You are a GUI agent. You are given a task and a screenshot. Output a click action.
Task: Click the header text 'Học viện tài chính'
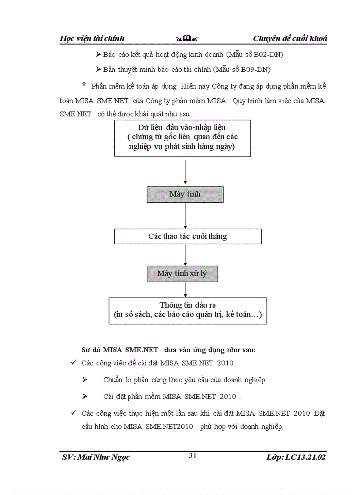point(92,38)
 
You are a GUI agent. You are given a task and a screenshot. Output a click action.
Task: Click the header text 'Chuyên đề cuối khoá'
point(290,38)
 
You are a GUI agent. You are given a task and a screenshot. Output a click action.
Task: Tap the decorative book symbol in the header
point(186,39)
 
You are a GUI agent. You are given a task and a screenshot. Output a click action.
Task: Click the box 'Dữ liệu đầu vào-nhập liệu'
point(182,138)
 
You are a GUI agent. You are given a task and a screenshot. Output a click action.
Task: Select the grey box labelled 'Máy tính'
point(185,194)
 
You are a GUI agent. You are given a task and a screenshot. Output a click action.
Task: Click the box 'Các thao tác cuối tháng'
point(187,236)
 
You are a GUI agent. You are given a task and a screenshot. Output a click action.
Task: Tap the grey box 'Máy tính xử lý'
point(182,274)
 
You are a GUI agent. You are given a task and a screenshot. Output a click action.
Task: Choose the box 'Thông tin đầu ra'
point(187,310)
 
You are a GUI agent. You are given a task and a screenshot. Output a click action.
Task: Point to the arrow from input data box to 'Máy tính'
point(185,172)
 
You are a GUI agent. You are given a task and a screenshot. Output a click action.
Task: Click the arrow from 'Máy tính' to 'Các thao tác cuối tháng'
point(185,216)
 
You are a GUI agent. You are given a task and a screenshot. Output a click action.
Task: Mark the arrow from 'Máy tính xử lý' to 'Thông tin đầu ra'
point(185,290)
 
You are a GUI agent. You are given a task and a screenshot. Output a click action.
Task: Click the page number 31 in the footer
point(192,456)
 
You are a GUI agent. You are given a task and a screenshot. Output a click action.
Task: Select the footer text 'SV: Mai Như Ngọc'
point(96,457)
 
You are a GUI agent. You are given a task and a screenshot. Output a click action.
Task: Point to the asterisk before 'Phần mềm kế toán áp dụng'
point(84,85)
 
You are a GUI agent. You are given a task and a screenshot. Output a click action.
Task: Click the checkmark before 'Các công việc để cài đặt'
point(74,363)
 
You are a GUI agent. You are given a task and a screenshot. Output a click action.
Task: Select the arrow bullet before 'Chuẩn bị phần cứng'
point(85,380)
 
